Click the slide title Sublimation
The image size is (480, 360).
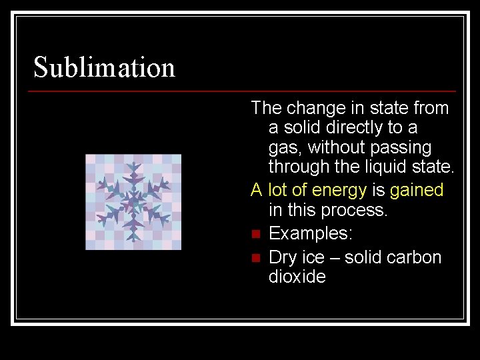click(104, 67)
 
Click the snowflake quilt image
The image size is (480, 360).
click(133, 202)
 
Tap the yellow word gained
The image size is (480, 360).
click(417, 190)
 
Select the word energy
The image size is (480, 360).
click(339, 191)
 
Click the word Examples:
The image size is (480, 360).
click(311, 234)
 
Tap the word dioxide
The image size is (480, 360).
click(297, 277)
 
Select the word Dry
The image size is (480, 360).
click(283, 257)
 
